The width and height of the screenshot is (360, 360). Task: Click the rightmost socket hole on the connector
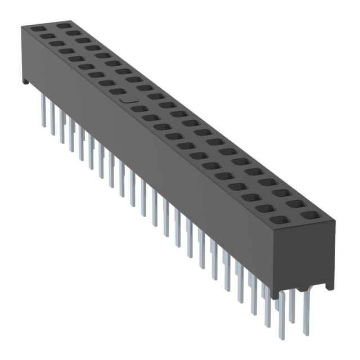308,215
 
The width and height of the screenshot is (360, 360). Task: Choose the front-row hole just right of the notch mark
138,109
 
